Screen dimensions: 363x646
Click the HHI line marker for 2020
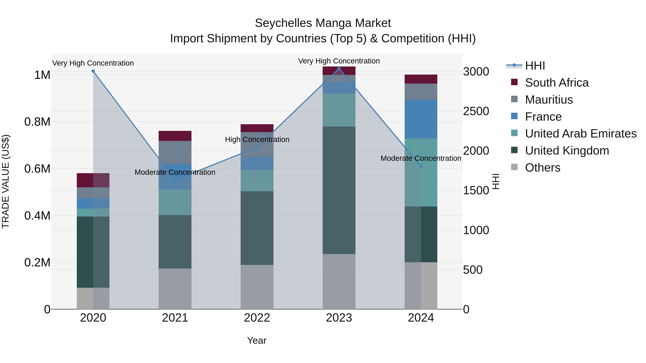tap(93, 71)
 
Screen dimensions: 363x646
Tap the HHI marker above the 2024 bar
tap(421, 166)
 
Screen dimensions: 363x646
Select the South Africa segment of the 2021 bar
tap(175, 136)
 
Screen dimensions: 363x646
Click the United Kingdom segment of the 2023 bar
tap(339, 190)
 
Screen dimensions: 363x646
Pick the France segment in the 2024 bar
tap(421, 119)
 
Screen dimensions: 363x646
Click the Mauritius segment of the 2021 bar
tap(175, 152)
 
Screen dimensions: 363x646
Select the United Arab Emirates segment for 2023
tap(339, 110)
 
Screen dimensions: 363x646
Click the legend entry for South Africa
tap(556, 83)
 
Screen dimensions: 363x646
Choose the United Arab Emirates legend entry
tap(581, 134)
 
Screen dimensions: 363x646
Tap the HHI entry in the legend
tap(535, 66)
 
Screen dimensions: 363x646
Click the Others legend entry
tap(542, 168)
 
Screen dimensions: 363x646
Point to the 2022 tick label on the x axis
tap(257, 318)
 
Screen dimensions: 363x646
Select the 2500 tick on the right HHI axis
tap(476, 111)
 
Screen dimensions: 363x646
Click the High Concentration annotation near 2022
tap(257, 139)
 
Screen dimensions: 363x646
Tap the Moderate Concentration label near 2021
tap(175, 172)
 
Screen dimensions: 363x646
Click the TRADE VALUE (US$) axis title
tap(6, 181)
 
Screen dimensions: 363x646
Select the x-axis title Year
tap(257, 340)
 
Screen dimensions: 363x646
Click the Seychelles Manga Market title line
tap(323, 23)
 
